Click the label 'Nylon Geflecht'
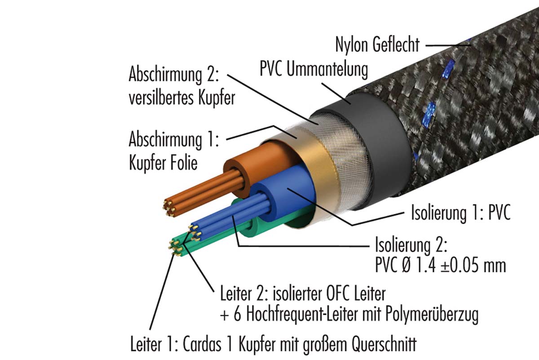click(x=377, y=44)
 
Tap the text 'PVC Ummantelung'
click(x=314, y=70)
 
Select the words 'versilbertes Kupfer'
click(x=181, y=98)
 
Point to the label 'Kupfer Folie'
click(x=163, y=162)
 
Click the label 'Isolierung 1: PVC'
click(x=461, y=213)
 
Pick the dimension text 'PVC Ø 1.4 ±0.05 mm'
click(x=440, y=265)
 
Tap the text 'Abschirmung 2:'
click(x=173, y=75)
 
